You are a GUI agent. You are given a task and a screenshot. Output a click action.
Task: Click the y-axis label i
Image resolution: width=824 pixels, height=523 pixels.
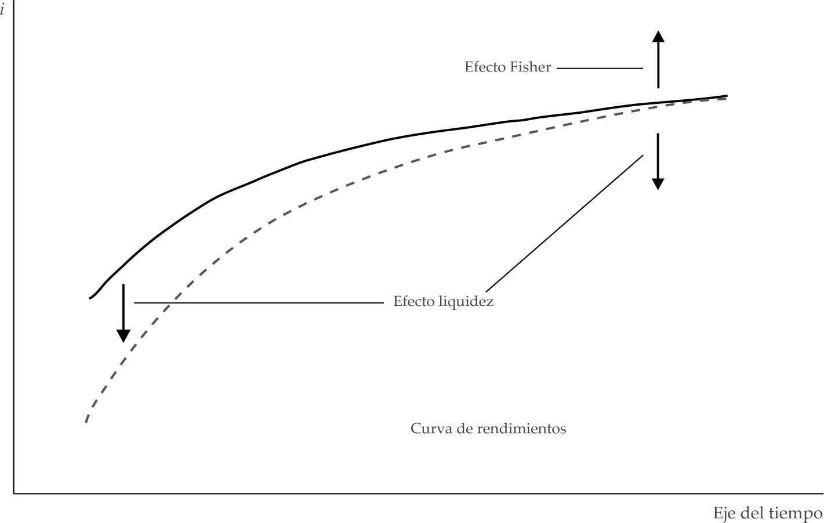[3, 10]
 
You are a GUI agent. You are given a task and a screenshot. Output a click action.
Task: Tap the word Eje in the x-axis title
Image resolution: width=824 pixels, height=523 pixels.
[724, 513]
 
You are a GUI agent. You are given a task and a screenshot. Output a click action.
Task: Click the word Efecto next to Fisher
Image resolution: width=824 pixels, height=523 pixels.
[485, 67]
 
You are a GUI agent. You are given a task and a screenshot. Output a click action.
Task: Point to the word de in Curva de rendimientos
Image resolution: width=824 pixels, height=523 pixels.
[465, 428]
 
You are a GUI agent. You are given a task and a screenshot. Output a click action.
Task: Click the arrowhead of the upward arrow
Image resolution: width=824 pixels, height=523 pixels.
[658, 37]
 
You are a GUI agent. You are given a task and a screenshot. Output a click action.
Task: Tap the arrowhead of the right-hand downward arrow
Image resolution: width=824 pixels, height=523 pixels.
[658, 183]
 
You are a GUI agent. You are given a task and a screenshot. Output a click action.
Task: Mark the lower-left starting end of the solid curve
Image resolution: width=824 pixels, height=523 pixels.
[90, 298]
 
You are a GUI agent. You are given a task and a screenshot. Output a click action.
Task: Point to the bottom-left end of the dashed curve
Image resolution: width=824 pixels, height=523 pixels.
[86, 421]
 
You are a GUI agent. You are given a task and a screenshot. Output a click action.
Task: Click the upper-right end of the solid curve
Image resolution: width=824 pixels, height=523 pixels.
[727, 95]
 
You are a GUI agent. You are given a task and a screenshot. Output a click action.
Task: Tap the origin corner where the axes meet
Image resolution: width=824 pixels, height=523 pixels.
[14, 494]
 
